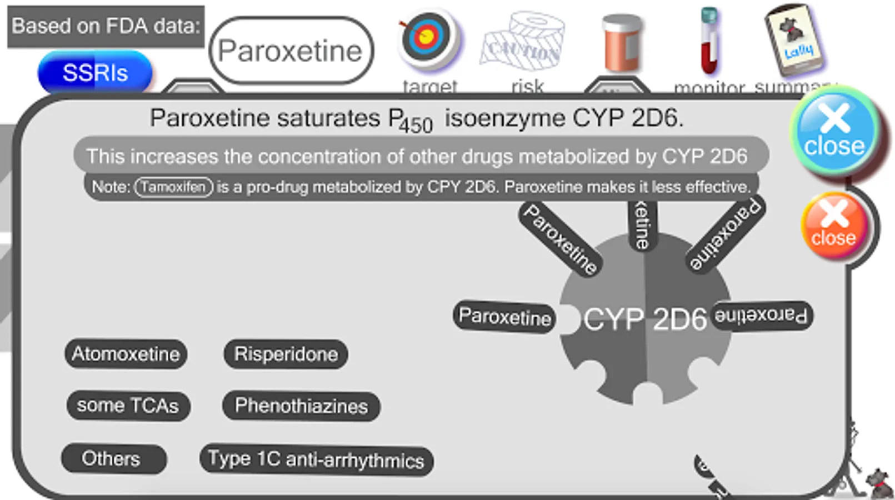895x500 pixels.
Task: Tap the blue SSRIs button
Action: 95,73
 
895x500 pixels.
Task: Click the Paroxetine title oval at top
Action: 291,51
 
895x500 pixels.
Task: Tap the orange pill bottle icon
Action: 621,43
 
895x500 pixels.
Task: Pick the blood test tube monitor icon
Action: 708,41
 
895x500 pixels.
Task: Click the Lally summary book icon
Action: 794,40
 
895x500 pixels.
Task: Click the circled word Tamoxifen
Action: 173,187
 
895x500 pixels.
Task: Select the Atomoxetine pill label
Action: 126,354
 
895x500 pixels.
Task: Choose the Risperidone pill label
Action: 286,354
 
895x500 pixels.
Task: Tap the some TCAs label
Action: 128,406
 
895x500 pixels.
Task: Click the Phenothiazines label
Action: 301,406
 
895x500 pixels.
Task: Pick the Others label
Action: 113,459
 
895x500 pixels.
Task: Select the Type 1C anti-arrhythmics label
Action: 316,460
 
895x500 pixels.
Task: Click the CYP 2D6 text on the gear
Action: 644,319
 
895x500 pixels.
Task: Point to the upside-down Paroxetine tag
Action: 761,316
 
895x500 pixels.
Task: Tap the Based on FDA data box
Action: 106,26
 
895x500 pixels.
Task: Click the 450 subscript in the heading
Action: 416,126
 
